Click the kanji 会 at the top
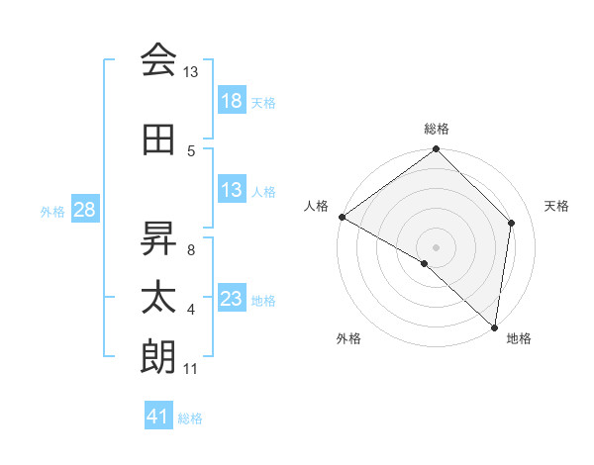click(158, 60)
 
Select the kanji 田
click(158, 140)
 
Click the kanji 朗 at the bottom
click(158, 356)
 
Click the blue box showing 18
click(231, 102)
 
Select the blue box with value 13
click(231, 191)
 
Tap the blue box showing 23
click(231, 300)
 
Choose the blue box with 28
click(84, 211)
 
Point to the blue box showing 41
click(158, 418)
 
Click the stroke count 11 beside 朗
click(191, 370)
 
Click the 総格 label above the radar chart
click(437, 129)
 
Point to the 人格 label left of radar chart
click(317, 206)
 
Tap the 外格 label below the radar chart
click(348, 339)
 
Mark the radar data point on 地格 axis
click(495, 327)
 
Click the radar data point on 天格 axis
click(512, 223)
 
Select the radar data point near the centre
click(425, 263)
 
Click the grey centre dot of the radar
click(437, 246)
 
